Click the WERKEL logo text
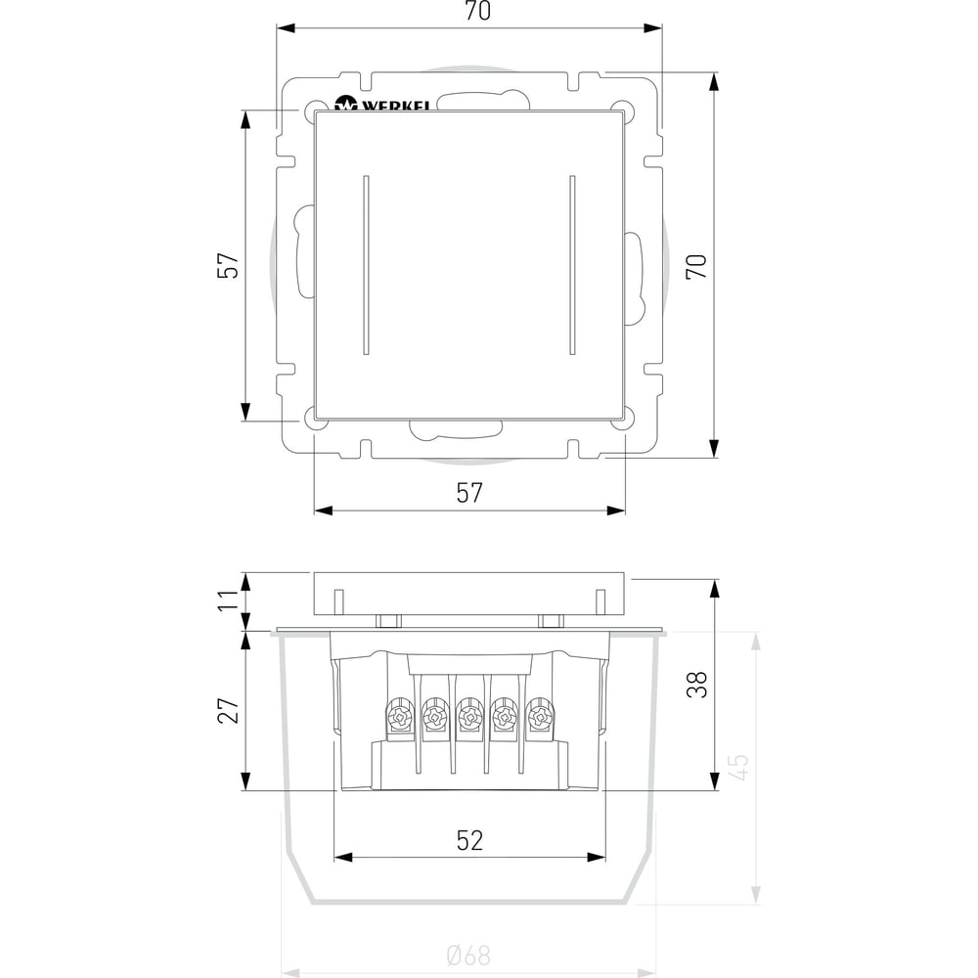395,106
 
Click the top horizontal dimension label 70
478,11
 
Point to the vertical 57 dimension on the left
228,265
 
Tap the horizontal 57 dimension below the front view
469,493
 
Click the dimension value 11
228,600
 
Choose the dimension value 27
228,710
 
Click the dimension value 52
469,840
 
